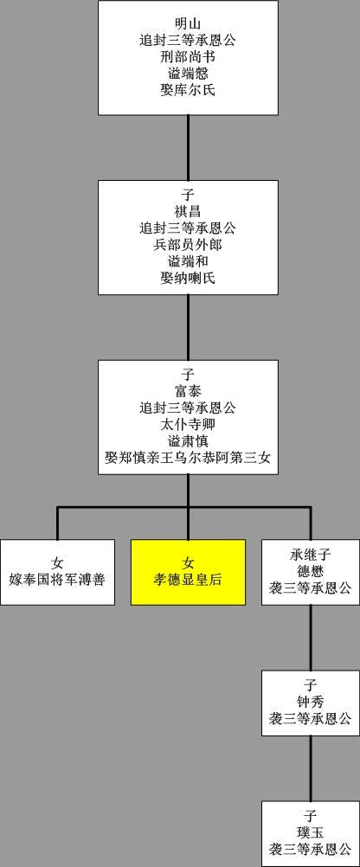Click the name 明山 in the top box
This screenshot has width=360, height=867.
click(188, 22)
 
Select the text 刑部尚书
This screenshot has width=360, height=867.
click(188, 55)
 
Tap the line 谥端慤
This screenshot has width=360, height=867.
click(188, 72)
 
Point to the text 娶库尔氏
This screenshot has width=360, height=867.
click(188, 88)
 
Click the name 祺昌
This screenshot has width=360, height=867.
click(188, 212)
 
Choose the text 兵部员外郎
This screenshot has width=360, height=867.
click(188, 245)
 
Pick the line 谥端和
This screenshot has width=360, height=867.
click(188, 261)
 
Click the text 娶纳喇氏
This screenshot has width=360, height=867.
click(188, 278)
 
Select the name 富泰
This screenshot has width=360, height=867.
click(188, 392)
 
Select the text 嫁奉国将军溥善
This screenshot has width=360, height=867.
click(57, 579)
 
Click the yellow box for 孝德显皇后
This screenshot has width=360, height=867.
click(188, 571)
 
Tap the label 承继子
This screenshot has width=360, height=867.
click(310, 555)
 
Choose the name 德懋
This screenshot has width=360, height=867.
click(310, 571)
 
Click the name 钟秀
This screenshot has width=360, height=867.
click(310, 701)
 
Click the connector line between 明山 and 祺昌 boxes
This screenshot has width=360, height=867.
click(188, 147)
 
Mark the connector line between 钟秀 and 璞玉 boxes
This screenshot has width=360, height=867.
click(310, 767)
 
